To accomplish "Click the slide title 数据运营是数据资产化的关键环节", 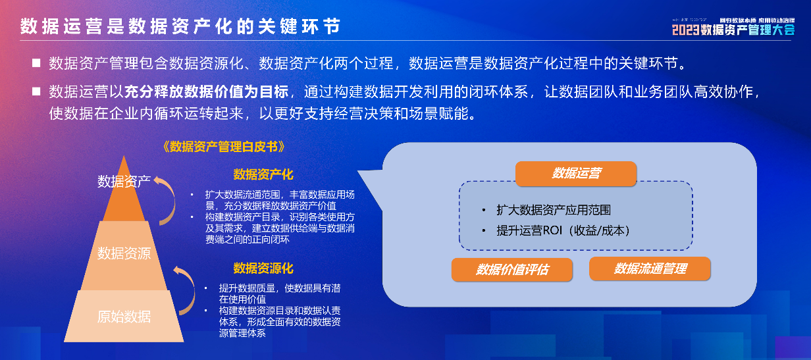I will (180, 26).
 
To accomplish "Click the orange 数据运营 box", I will (576, 174).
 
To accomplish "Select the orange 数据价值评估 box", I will (512, 270).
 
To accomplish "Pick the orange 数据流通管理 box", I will (650, 269).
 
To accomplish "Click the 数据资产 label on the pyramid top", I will (124, 181).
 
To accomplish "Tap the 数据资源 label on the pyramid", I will (124, 253).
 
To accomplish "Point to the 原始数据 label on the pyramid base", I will (124, 317).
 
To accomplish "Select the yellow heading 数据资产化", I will (263, 174).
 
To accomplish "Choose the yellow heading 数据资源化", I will (263, 268).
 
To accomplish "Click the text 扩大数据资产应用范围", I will (554, 210).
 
